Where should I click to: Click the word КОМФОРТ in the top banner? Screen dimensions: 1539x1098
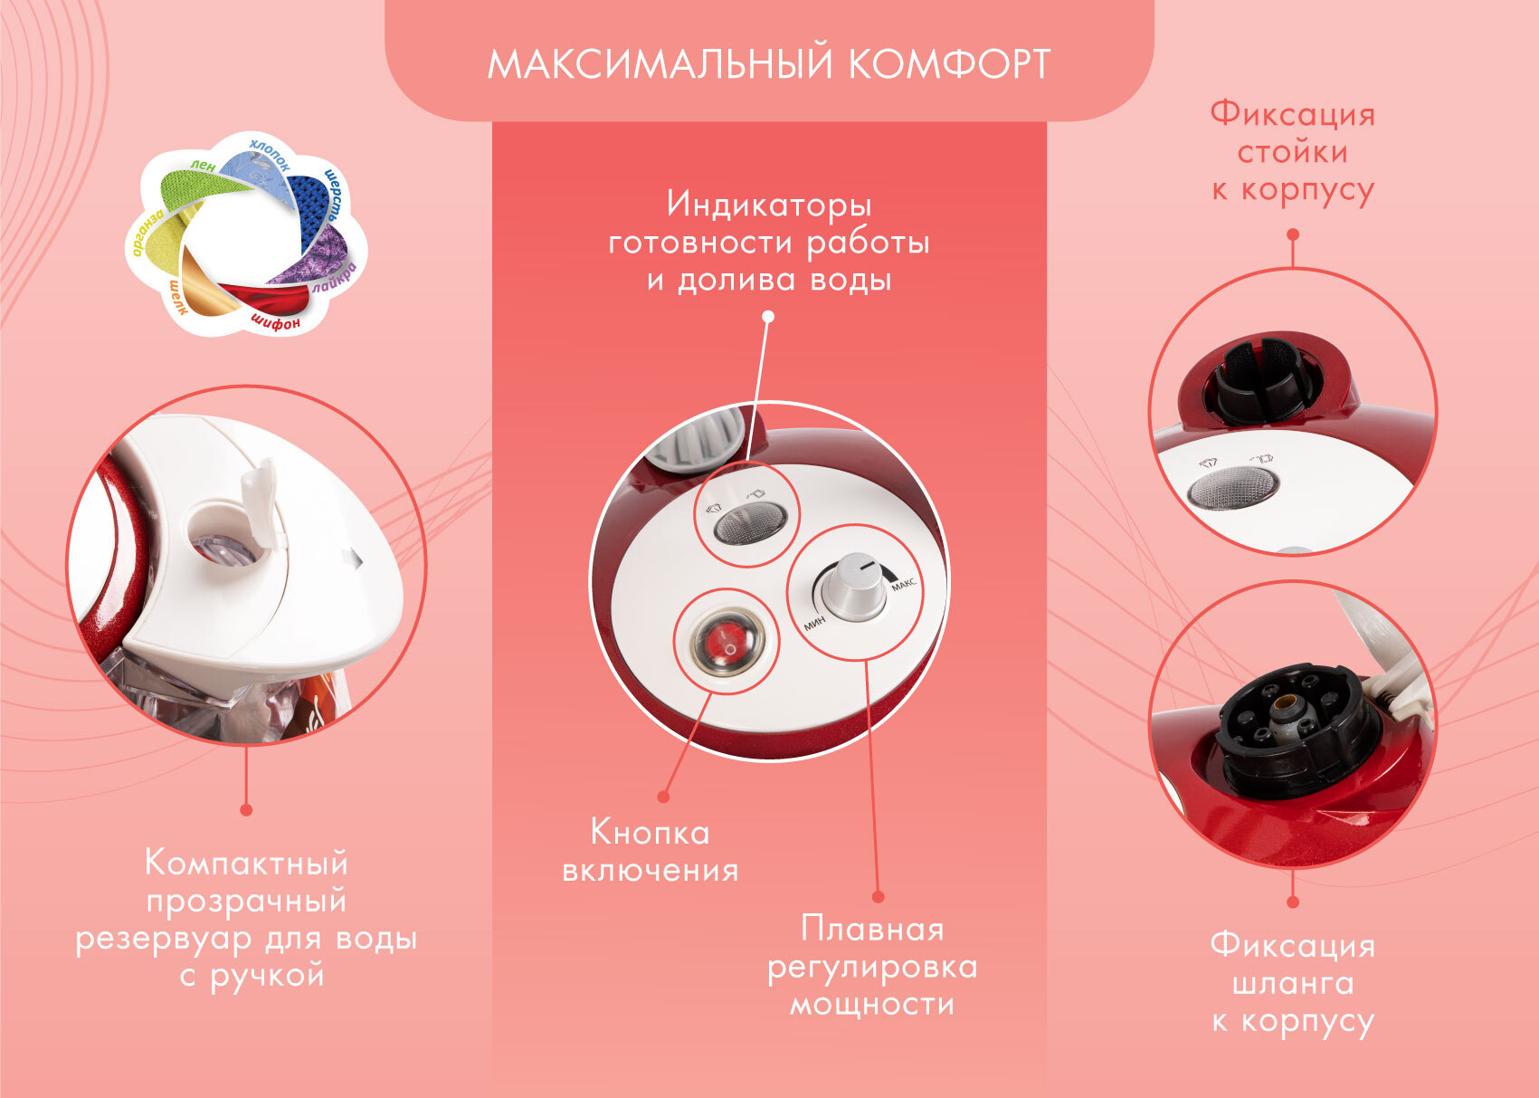pyautogui.click(x=949, y=64)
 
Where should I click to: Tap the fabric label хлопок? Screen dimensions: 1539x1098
pyautogui.click(x=270, y=155)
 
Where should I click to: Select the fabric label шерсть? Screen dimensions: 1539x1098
pyautogui.click(x=333, y=196)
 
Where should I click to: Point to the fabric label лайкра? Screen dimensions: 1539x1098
pyautogui.click(x=336, y=278)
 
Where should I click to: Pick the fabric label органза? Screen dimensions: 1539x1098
pyautogui.click(x=147, y=233)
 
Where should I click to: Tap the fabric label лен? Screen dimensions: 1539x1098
pyautogui.click(x=203, y=166)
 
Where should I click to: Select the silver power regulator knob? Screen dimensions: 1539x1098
pyautogui.click(x=854, y=585)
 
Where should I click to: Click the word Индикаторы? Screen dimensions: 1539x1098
pyautogui.click(x=769, y=205)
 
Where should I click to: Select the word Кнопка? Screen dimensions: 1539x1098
pyautogui.click(x=650, y=833)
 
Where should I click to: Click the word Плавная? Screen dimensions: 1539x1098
pyautogui.click(x=872, y=930)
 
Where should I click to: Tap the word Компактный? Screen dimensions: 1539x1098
pyautogui.click(x=246, y=862)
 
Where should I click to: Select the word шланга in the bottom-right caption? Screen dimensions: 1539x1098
pyautogui.click(x=1293, y=984)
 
